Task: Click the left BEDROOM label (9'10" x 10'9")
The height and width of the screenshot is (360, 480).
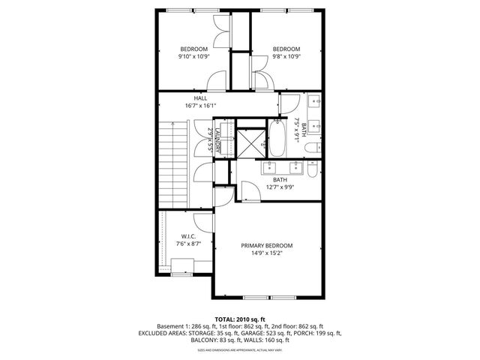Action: pyautogui.click(x=193, y=49)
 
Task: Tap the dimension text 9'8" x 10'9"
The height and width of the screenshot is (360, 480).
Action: pyautogui.click(x=286, y=56)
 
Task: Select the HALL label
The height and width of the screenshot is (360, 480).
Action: pyautogui.click(x=200, y=98)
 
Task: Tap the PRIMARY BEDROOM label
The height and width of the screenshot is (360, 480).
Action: pyautogui.click(x=266, y=245)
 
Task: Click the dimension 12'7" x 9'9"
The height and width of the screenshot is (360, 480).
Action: pyautogui.click(x=280, y=187)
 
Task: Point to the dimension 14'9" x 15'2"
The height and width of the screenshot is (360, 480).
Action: pyautogui.click(x=266, y=253)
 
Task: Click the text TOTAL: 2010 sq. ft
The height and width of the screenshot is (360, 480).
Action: pyautogui.click(x=240, y=319)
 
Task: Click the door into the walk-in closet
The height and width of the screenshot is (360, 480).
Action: pyautogui.click(x=202, y=221)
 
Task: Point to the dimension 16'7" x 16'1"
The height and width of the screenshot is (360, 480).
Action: pyautogui.click(x=200, y=106)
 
